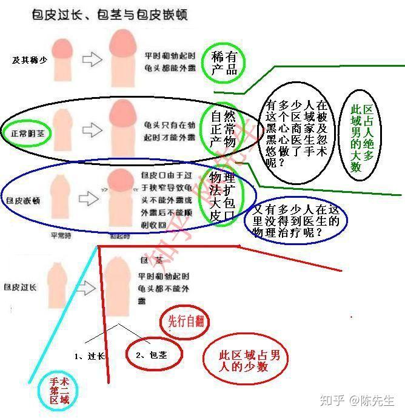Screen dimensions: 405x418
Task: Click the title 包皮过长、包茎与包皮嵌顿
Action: coord(109,15)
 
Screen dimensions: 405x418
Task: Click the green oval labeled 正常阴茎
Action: coord(25,131)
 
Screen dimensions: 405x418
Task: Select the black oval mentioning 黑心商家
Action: coord(296,135)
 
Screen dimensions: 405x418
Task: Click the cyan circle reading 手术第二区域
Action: coord(58,391)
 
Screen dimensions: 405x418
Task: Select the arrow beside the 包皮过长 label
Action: coord(87,286)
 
